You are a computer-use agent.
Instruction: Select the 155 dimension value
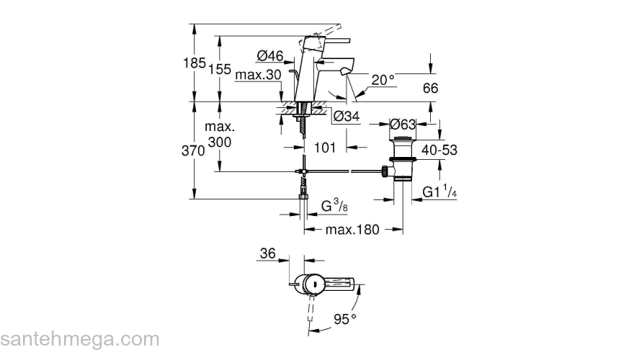pos(220,70)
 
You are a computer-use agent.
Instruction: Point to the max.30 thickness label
pos(257,75)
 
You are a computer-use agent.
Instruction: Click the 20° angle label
pos(383,79)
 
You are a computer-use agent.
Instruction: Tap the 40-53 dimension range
pos(440,150)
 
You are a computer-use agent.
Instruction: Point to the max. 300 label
pos(220,135)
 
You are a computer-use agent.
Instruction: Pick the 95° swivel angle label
pos(344,318)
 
